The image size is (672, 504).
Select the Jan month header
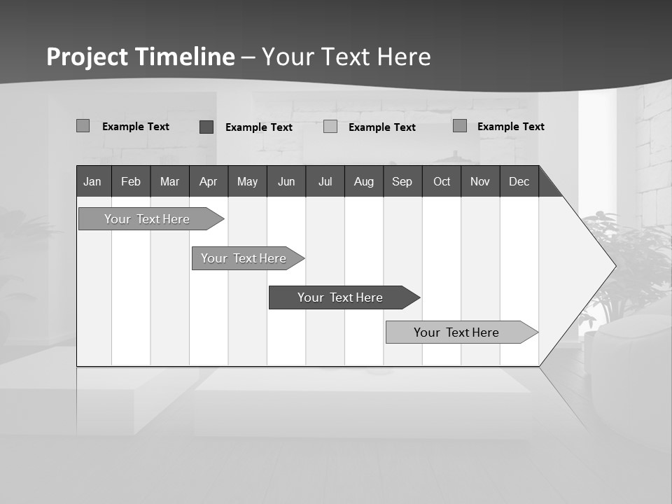point(92,181)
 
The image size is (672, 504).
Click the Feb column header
point(131,181)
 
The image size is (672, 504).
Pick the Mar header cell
point(169,181)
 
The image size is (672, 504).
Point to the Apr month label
point(208,181)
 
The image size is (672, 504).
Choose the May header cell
point(247,181)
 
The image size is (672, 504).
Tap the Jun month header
point(286,181)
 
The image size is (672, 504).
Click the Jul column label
point(325,181)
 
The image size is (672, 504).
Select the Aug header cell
point(364,181)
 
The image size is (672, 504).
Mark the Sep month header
point(402,181)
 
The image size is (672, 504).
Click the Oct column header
point(442,181)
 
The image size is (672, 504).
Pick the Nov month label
point(480,181)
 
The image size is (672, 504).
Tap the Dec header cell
point(519,181)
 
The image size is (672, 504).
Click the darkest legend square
point(206,127)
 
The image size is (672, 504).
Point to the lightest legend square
point(330,127)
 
